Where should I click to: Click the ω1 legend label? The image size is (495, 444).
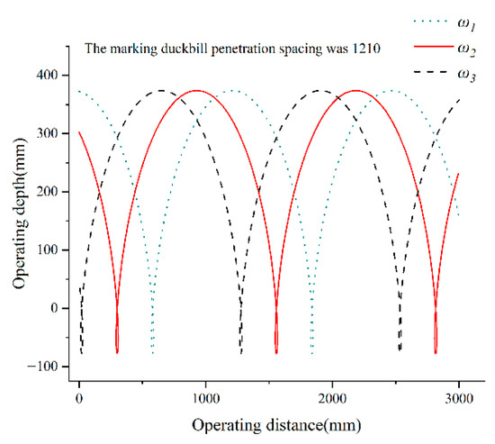[x=466, y=24]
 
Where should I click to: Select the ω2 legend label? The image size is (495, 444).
[x=466, y=50]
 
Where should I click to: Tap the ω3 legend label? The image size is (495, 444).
[x=466, y=76]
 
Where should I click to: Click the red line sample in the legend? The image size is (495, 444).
[x=434, y=47]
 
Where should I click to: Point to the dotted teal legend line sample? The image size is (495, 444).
[x=430, y=22]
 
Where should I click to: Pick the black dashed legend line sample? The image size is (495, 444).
[x=430, y=72]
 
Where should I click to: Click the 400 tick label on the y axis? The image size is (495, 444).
[x=47, y=76]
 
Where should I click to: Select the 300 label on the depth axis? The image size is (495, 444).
[x=47, y=133]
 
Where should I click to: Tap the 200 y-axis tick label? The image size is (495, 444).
[x=47, y=192]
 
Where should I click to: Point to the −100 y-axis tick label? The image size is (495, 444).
[x=43, y=367]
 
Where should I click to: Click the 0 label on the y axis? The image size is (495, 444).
[x=54, y=308]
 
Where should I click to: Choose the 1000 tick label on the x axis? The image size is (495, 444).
[x=206, y=398]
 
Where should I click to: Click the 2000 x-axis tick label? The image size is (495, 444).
[x=332, y=398]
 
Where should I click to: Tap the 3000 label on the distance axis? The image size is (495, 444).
[x=459, y=398]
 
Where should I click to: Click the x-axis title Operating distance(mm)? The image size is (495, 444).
[x=276, y=425]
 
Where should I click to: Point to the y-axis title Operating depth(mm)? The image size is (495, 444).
[x=19, y=213]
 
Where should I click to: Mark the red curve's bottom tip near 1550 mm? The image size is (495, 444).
[x=276, y=353]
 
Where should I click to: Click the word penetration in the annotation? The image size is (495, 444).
[x=243, y=50]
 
